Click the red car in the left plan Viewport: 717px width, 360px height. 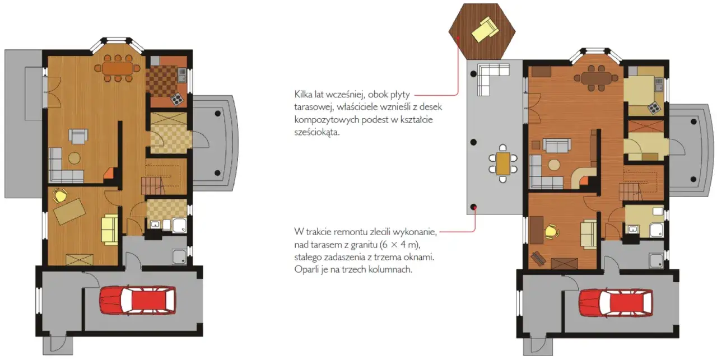click(x=138, y=300)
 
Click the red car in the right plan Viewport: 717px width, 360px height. click(x=616, y=303)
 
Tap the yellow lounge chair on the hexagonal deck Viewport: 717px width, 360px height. click(x=485, y=29)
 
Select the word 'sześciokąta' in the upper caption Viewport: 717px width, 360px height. click(x=316, y=132)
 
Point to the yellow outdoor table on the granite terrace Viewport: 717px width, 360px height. click(x=503, y=163)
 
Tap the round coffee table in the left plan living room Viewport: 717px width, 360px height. click(x=75, y=158)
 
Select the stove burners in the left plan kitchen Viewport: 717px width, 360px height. click(x=176, y=100)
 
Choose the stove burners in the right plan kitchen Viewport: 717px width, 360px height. click(x=654, y=108)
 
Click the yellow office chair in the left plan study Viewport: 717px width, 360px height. click(x=60, y=195)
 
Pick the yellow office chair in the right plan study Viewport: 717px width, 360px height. click(x=552, y=231)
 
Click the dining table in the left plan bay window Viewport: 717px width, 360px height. click(x=118, y=68)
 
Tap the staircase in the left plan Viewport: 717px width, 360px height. click(x=153, y=186)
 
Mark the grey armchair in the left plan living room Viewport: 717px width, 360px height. click(x=78, y=136)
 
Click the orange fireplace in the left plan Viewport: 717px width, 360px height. click(x=109, y=173)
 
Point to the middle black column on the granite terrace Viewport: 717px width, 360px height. click(x=473, y=142)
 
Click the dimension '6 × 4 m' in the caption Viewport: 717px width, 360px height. click(x=400, y=245)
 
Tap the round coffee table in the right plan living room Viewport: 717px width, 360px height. click(x=554, y=165)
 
